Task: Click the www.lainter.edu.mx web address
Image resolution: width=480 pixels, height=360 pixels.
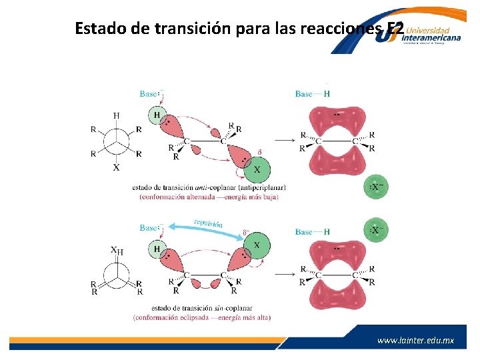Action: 415,340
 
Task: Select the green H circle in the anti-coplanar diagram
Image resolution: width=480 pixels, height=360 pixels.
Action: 157,115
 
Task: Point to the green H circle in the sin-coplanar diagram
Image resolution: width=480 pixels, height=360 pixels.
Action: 157,249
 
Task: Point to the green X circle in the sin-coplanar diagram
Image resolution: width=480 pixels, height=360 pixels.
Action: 257,246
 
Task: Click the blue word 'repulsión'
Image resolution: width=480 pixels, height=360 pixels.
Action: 208,224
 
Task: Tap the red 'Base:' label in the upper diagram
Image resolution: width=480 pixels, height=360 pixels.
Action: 150,94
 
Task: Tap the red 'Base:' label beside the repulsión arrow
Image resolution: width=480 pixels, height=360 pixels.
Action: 150,228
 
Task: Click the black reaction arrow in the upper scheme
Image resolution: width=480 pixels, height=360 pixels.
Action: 285,140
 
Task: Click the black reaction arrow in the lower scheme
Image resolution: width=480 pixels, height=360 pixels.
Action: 285,273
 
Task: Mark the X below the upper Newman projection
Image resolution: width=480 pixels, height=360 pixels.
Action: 117,167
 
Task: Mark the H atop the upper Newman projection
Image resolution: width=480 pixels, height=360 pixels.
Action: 117,115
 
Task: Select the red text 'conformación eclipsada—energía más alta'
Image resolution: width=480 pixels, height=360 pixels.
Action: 201,317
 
